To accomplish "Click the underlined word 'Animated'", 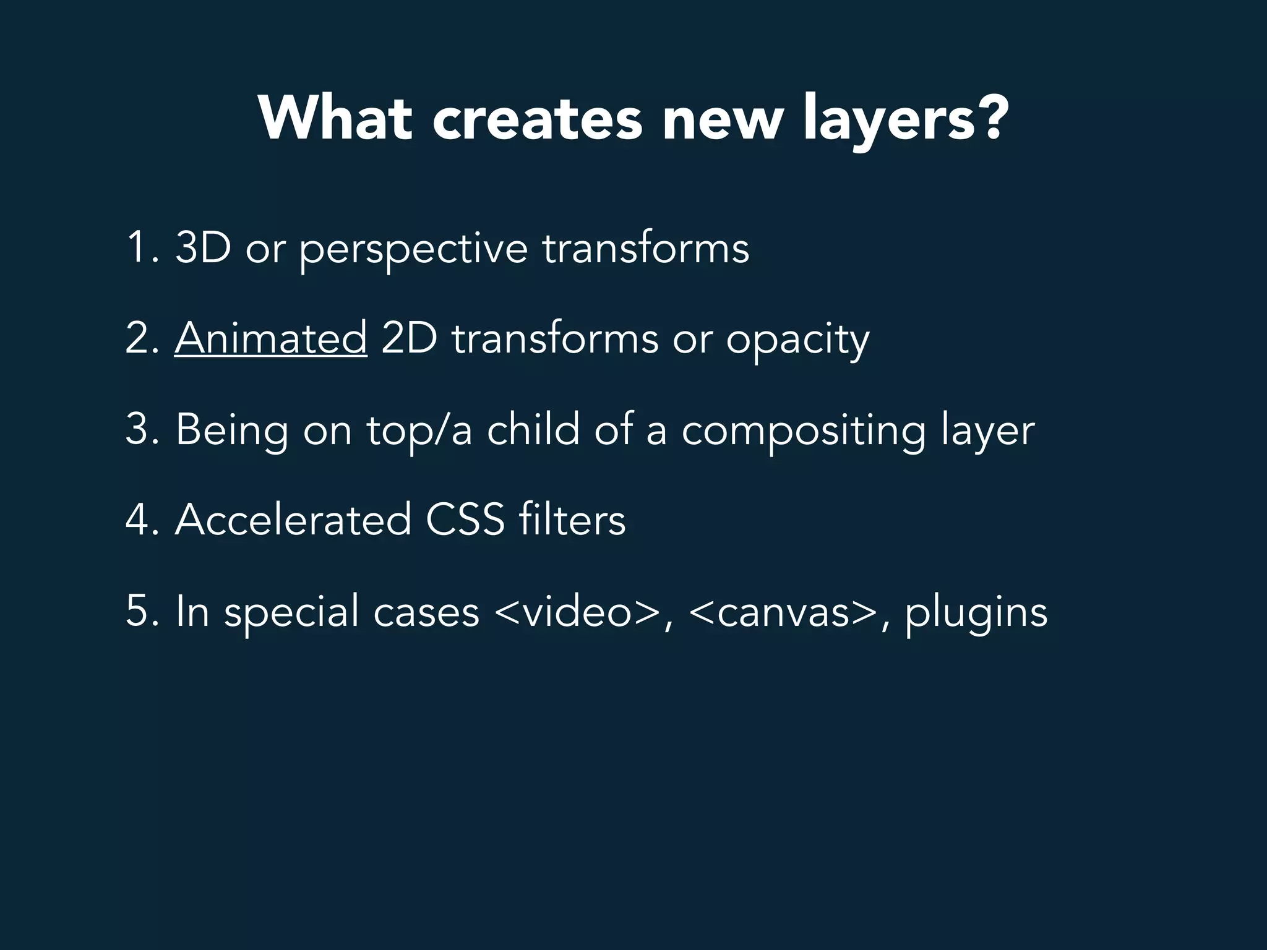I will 271,338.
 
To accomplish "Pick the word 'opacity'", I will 797,341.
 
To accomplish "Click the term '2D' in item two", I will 409,338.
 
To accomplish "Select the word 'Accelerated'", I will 293,520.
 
